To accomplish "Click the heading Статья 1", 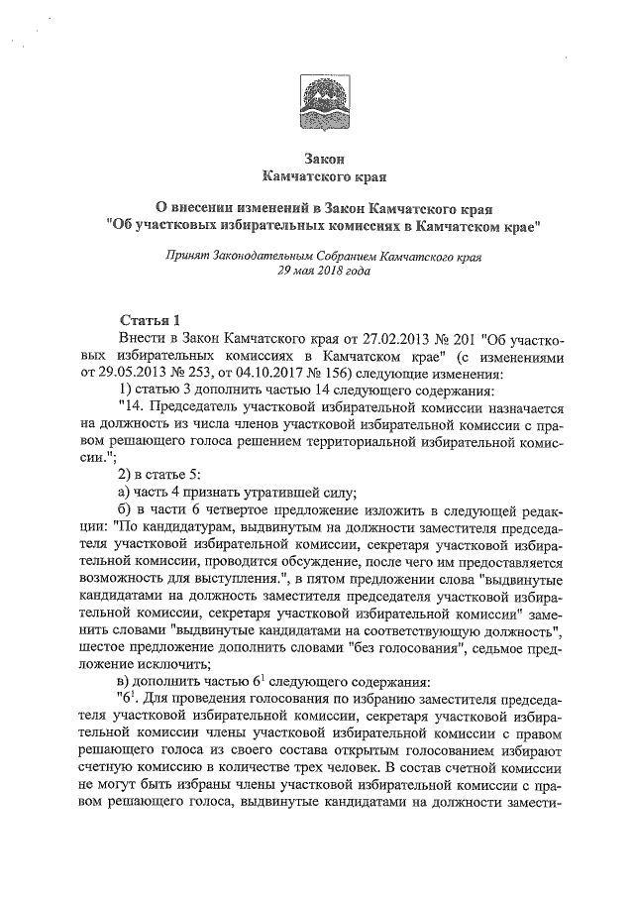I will point(149,321).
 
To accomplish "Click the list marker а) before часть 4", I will point(125,495).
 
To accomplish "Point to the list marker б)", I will point(125,511).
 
